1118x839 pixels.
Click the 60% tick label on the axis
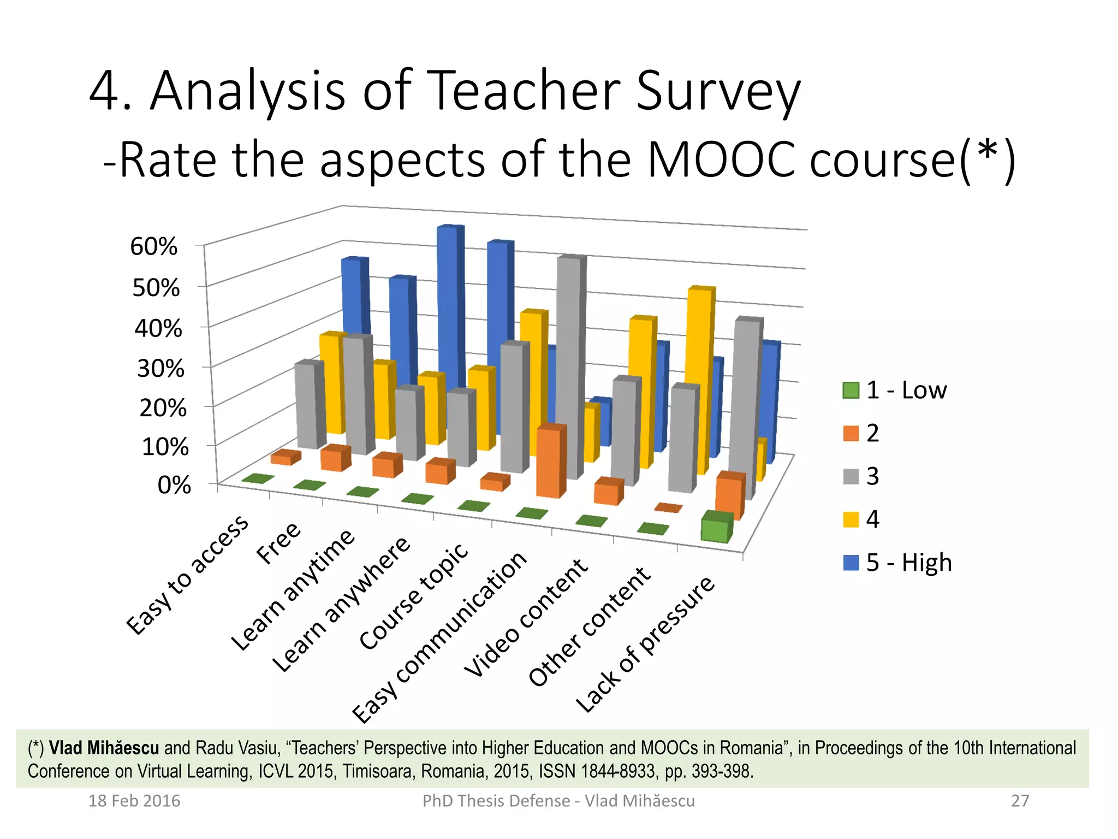point(153,246)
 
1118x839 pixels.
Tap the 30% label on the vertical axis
point(160,369)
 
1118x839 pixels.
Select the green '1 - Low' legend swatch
point(851,391)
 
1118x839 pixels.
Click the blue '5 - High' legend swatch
point(851,563)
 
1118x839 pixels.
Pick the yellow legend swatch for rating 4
point(851,519)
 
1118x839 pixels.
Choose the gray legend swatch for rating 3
point(851,476)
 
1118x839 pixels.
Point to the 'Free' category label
point(278,543)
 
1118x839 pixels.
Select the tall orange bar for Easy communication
point(549,462)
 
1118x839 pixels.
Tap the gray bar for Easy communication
point(570,366)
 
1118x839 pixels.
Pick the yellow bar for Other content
point(700,377)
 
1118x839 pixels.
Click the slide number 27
point(1020,801)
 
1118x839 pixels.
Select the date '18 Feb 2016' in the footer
point(134,801)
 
